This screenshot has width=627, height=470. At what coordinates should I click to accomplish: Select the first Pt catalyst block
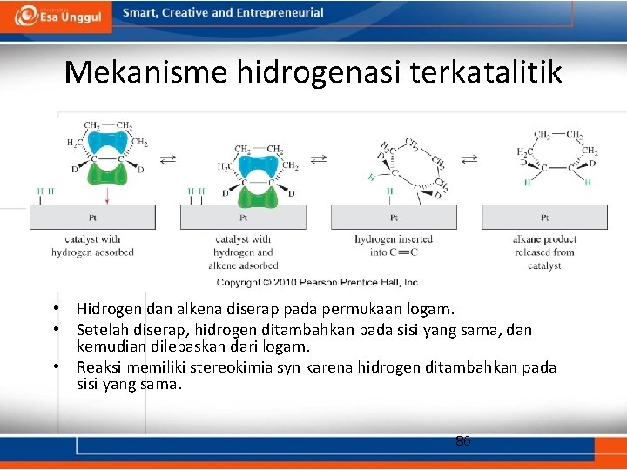(92, 217)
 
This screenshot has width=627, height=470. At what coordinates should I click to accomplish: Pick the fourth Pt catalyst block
(544, 217)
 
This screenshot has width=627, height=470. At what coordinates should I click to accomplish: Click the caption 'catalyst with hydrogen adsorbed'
(92, 245)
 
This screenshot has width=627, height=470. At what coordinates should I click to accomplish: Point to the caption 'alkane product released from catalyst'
(544, 252)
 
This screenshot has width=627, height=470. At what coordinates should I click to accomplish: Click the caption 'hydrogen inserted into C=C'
(394, 245)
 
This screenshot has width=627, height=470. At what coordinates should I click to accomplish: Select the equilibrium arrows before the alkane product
(469, 158)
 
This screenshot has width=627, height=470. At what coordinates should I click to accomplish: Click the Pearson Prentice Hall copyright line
(318, 282)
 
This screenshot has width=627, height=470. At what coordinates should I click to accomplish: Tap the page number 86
(463, 441)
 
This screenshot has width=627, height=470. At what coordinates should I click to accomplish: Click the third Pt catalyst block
(394, 217)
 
